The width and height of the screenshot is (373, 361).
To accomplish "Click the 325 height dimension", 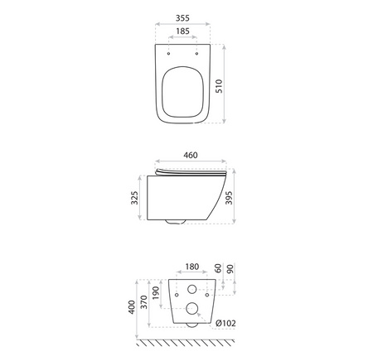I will click(134, 199).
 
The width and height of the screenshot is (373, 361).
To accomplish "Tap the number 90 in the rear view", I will click(230, 270).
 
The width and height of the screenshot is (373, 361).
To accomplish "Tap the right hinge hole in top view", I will click(197, 52).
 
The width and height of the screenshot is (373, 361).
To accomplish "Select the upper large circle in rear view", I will click(191, 290).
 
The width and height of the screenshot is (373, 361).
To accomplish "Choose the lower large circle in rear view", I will click(192, 309).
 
